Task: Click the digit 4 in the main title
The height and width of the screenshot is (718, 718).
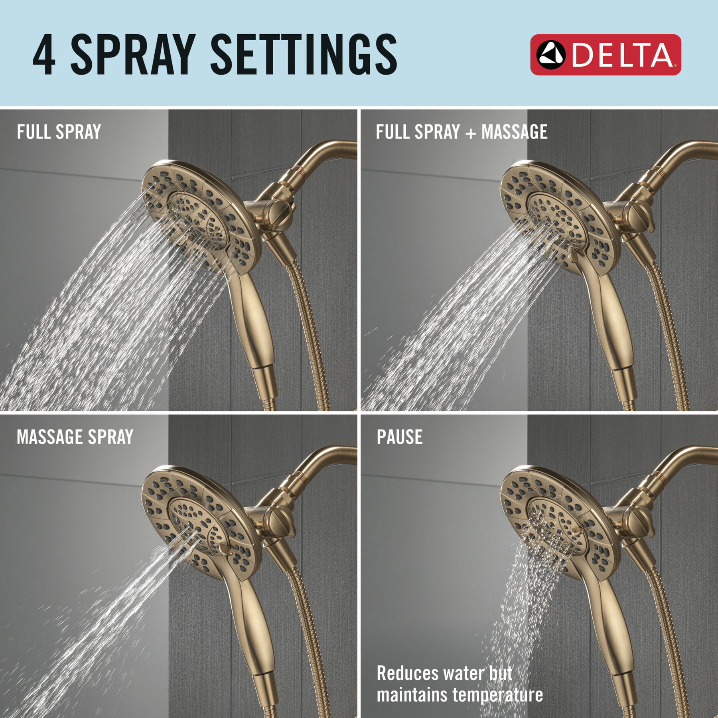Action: point(44,55)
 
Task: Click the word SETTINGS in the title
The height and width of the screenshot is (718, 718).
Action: point(303,55)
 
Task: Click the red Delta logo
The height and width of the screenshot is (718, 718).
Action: point(605,55)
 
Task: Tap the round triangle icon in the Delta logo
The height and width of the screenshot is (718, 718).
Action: point(550,55)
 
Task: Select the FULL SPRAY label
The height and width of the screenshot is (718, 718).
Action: point(59,132)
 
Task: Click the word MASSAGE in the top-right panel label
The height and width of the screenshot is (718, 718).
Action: point(514,132)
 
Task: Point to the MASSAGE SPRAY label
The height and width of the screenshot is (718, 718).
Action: point(75,437)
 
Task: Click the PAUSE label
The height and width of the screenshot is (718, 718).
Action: point(400,437)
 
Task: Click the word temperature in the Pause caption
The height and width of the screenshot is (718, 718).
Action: point(497,695)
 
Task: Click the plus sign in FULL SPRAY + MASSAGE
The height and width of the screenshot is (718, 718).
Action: point(471,133)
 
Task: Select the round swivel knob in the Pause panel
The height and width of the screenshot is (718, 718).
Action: point(638,523)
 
